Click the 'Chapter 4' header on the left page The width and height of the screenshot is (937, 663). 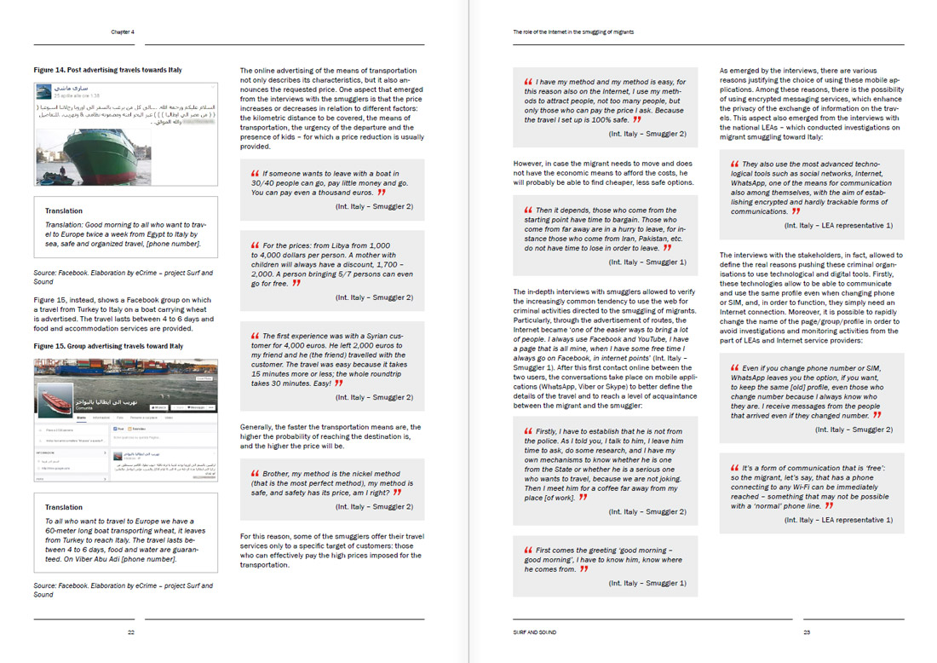click(x=123, y=32)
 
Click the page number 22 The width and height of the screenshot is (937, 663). click(x=131, y=632)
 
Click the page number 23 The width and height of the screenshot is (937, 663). click(x=806, y=632)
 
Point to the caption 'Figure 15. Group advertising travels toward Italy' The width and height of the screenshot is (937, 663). click(x=108, y=346)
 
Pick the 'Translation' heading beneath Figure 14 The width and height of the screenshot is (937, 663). click(x=64, y=210)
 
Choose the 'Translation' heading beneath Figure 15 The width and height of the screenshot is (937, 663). click(x=64, y=507)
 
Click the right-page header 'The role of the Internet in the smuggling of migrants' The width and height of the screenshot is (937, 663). click(x=573, y=32)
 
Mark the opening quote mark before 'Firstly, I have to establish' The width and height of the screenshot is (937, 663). click(x=529, y=431)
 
